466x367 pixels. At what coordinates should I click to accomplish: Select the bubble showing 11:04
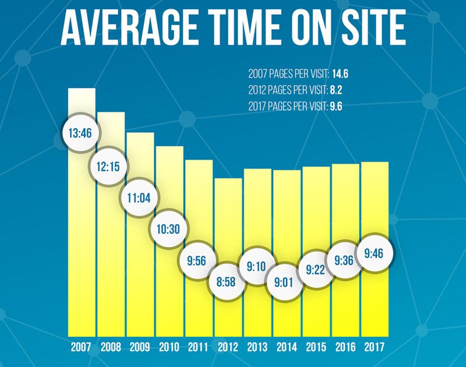(x=138, y=197)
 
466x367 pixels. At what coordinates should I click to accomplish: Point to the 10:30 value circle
(x=168, y=228)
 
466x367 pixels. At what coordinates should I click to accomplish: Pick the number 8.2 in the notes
(x=337, y=90)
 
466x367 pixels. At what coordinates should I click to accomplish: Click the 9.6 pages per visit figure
(x=338, y=106)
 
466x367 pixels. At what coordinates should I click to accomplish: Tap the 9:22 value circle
(x=316, y=271)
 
